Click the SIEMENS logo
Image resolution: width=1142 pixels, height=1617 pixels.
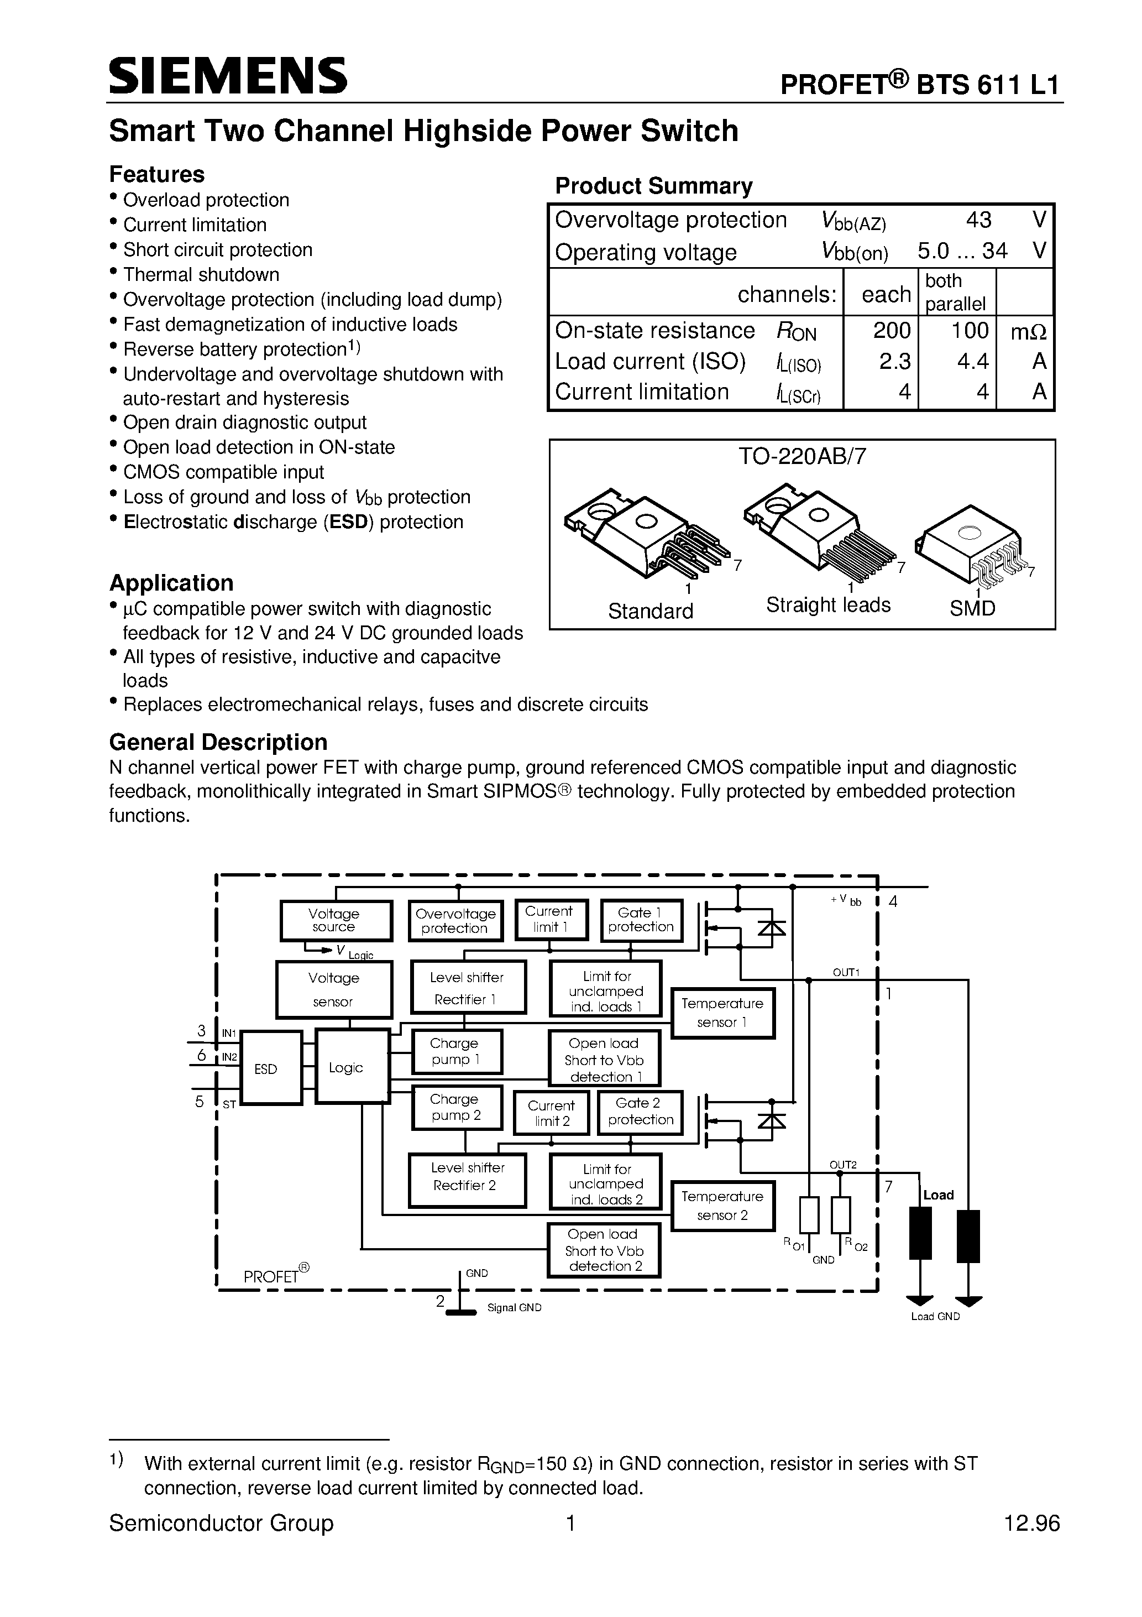[x=228, y=76]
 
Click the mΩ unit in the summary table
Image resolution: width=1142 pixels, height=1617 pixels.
[x=1029, y=332]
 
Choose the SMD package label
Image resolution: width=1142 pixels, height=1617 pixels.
[x=972, y=608]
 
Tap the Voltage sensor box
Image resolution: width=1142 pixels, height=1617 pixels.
[x=334, y=989]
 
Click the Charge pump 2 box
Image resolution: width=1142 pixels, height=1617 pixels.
[x=455, y=1108]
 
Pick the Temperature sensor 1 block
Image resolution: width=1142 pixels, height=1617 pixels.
[x=722, y=1013]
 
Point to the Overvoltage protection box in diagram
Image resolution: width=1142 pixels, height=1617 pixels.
[x=455, y=920]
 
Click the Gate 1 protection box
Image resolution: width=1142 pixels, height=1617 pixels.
[x=641, y=919]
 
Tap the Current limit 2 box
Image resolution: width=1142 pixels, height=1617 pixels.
[x=551, y=1113]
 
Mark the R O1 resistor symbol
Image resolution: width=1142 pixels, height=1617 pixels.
[x=809, y=1215]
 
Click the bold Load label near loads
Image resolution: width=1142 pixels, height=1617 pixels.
[x=938, y=1195]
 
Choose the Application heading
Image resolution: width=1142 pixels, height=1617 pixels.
[x=171, y=583]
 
